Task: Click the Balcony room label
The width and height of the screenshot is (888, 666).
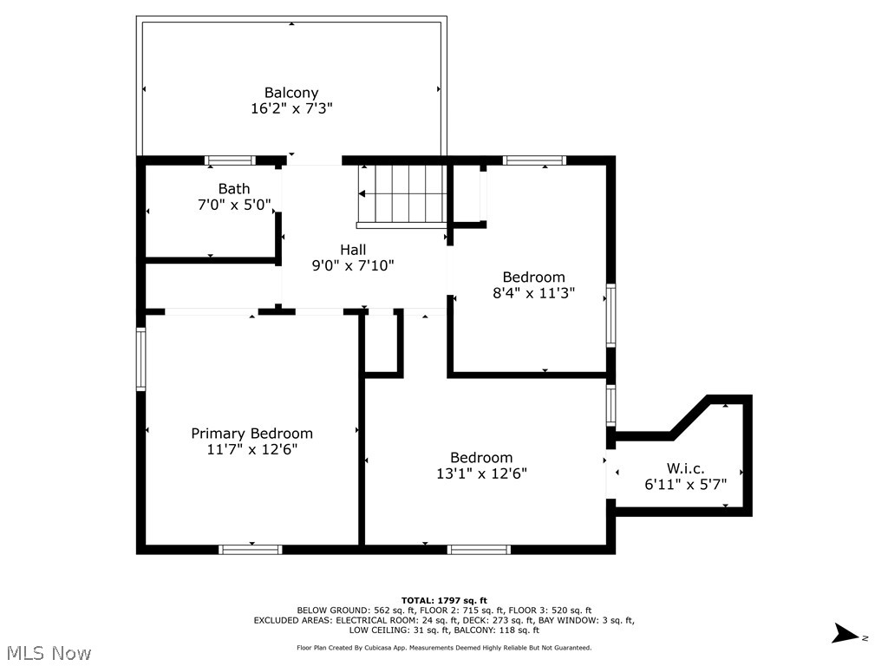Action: [x=291, y=93]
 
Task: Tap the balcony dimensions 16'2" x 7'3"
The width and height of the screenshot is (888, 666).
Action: [x=291, y=108]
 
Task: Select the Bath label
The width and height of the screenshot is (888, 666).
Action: [x=234, y=189]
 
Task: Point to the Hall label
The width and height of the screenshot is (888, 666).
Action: [x=352, y=250]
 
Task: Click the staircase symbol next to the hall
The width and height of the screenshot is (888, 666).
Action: [x=402, y=194]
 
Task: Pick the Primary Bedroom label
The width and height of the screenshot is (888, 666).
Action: [x=251, y=434]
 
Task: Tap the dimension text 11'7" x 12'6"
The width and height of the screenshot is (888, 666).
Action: [x=251, y=449]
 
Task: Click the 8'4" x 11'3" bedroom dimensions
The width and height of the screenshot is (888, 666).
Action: [x=533, y=293]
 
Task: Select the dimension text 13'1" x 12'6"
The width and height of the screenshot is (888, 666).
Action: [x=481, y=473]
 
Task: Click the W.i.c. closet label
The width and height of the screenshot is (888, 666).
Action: [x=685, y=468]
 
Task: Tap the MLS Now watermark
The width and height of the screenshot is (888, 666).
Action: [x=48, y=652]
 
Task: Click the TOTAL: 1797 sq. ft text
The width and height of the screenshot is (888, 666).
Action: [x=444, y=600]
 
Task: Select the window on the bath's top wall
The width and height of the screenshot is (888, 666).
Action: [x=230, y=160]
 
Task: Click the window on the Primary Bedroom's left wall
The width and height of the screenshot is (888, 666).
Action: [x=140, y=359]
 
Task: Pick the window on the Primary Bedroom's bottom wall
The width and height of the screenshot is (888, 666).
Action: [x=251, y=549]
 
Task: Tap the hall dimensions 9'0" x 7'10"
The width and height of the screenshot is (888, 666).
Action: [x=352, y=265]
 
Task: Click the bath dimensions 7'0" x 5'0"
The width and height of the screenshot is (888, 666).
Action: [x=234, y=205]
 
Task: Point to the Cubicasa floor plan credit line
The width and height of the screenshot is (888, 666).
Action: [x=444, y=648]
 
